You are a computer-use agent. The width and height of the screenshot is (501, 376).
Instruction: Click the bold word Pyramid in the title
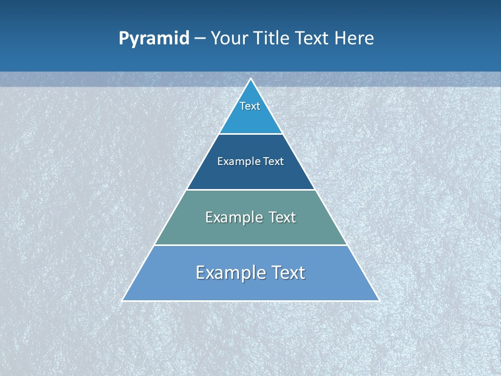coord(154,39)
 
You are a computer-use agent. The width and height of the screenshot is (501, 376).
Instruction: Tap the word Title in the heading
coord(273,39)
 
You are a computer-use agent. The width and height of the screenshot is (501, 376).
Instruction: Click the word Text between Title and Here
coord(313,39)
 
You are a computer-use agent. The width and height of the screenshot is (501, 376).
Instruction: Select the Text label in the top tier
coord(250,106)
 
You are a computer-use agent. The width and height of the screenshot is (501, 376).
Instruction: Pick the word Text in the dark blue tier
coord(273,162)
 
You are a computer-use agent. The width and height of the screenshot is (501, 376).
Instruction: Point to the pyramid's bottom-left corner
coord(123,300)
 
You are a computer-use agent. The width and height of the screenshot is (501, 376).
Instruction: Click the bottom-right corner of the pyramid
coord(379,300)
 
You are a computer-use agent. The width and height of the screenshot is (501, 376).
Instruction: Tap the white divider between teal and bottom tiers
coord(251,245)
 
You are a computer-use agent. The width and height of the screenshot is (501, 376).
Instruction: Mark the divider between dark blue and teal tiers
coord(251,190)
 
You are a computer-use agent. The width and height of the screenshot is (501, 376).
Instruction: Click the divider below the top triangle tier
coord(251,134)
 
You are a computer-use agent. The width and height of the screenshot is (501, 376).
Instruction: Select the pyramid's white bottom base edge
coord(251,301)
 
